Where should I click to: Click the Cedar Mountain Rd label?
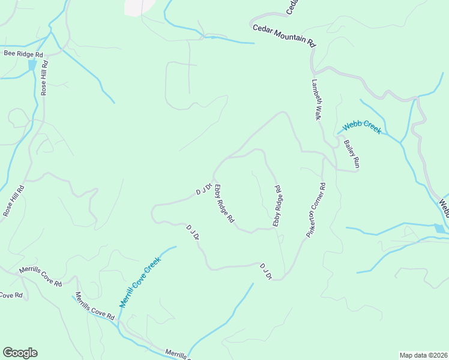tap(284, 35)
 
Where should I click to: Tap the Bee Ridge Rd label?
tap(23, 53)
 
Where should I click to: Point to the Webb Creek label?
tap(361, 127)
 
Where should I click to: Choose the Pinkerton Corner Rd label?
tap(316, 210)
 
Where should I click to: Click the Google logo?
tap(20, 353)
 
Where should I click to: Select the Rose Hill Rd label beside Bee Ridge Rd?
tap(44, 77)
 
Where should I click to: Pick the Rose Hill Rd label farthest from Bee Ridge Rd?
tap(13, 200)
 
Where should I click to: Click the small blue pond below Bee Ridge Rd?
tap(32, 64)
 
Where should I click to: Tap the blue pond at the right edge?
tap(441, 228)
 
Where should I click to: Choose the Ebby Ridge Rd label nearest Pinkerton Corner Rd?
tap(278, 205)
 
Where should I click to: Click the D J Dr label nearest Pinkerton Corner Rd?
tap(266, 271)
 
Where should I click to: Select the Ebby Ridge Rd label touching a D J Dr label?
tap(224, 203)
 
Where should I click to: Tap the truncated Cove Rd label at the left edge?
tap(11, 295)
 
